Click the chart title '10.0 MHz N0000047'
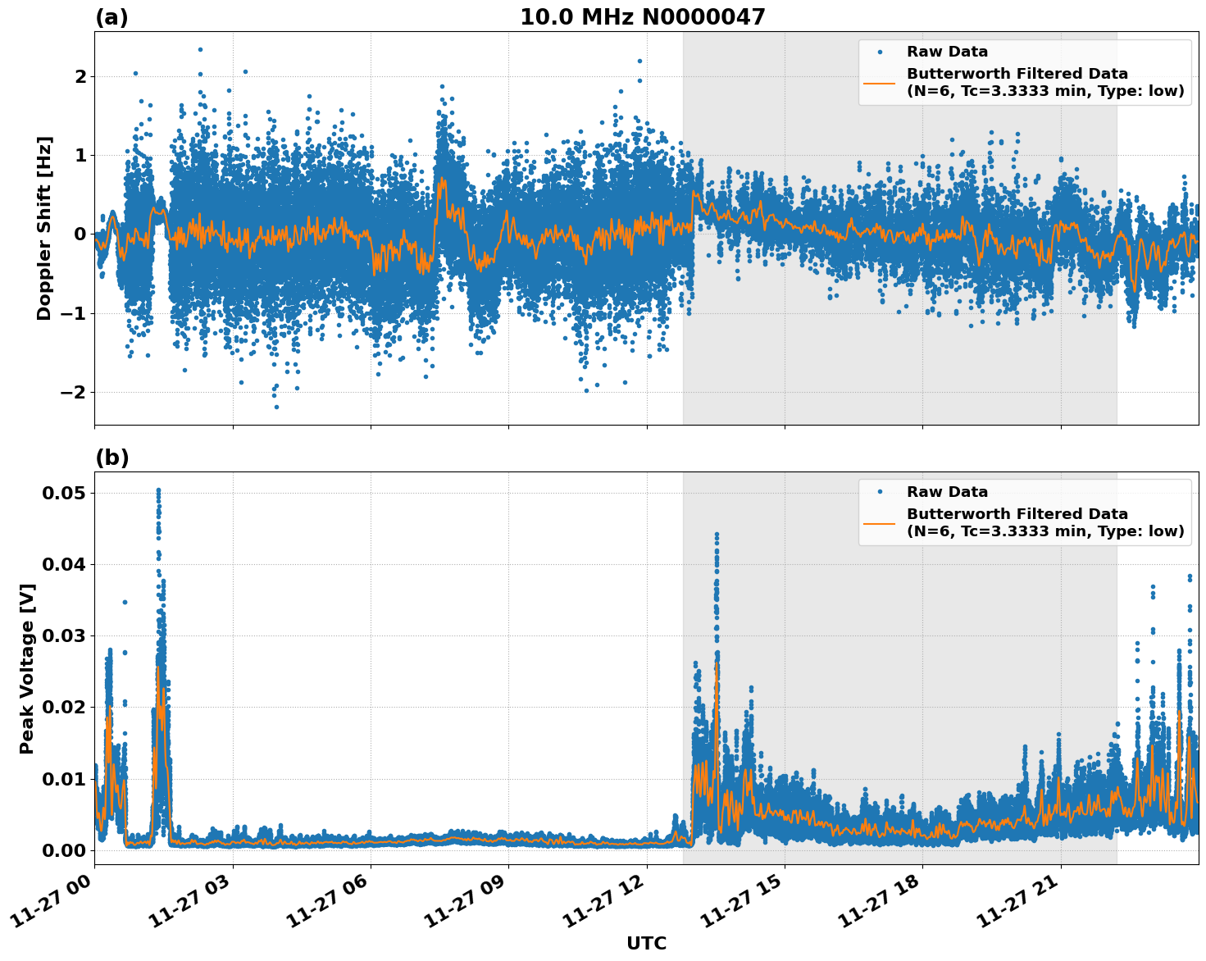tap(642, 17)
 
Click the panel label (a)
tap(111, 17)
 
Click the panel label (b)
tap(111, 458)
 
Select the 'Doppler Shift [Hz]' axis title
tap(44, 228)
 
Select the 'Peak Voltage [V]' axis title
tap(27, 668)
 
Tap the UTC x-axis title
tap(646, 943)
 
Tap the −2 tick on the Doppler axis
tap(74, 392)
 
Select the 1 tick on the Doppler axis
tap(80, 155)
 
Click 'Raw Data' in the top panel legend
tap(947, 52)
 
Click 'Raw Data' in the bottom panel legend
tap(947, 492)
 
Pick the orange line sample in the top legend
tap(880, 82)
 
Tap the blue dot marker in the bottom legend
tap(880, 492)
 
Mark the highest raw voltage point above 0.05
tap(158, 490)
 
